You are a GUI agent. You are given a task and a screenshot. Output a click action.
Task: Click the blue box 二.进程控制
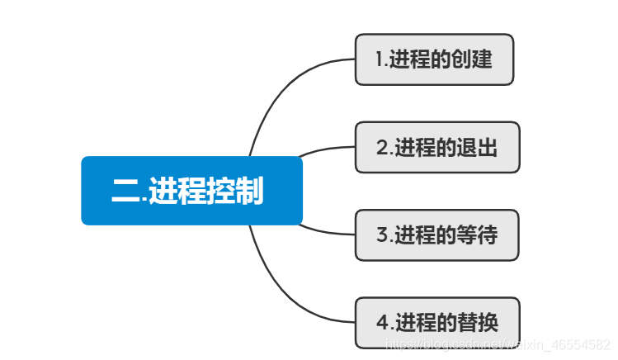point(191,191)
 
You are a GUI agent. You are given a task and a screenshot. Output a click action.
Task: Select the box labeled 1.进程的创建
point(434,59)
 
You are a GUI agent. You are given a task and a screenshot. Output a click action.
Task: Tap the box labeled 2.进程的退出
point(437,148)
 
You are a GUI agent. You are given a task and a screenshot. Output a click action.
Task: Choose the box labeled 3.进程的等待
point(437,235)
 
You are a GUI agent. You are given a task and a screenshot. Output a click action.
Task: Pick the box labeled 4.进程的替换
point(437,322)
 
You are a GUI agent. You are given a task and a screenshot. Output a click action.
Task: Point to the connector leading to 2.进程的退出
point(326,149)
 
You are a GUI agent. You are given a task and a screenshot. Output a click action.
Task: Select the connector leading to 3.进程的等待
point(326,230)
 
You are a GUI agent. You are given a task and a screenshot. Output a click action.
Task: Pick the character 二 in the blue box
point(125,192)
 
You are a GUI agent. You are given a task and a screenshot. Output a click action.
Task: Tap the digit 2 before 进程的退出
point(382,149)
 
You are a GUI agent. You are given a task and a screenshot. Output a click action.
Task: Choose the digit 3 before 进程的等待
point(382,236)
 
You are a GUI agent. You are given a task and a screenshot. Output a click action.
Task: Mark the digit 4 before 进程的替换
point(382,323)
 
